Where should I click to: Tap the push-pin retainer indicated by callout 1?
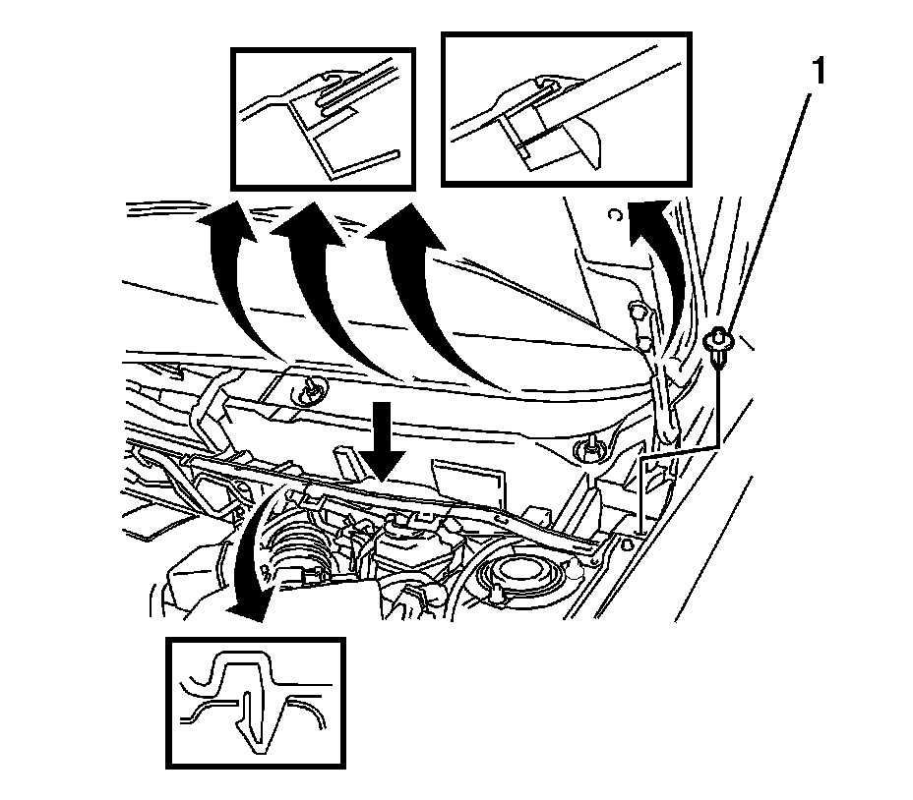722,345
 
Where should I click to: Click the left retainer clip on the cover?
313,388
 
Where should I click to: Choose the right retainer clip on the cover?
590,449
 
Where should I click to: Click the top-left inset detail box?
323,118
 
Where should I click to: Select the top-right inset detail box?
566,108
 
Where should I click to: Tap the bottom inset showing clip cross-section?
256,702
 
